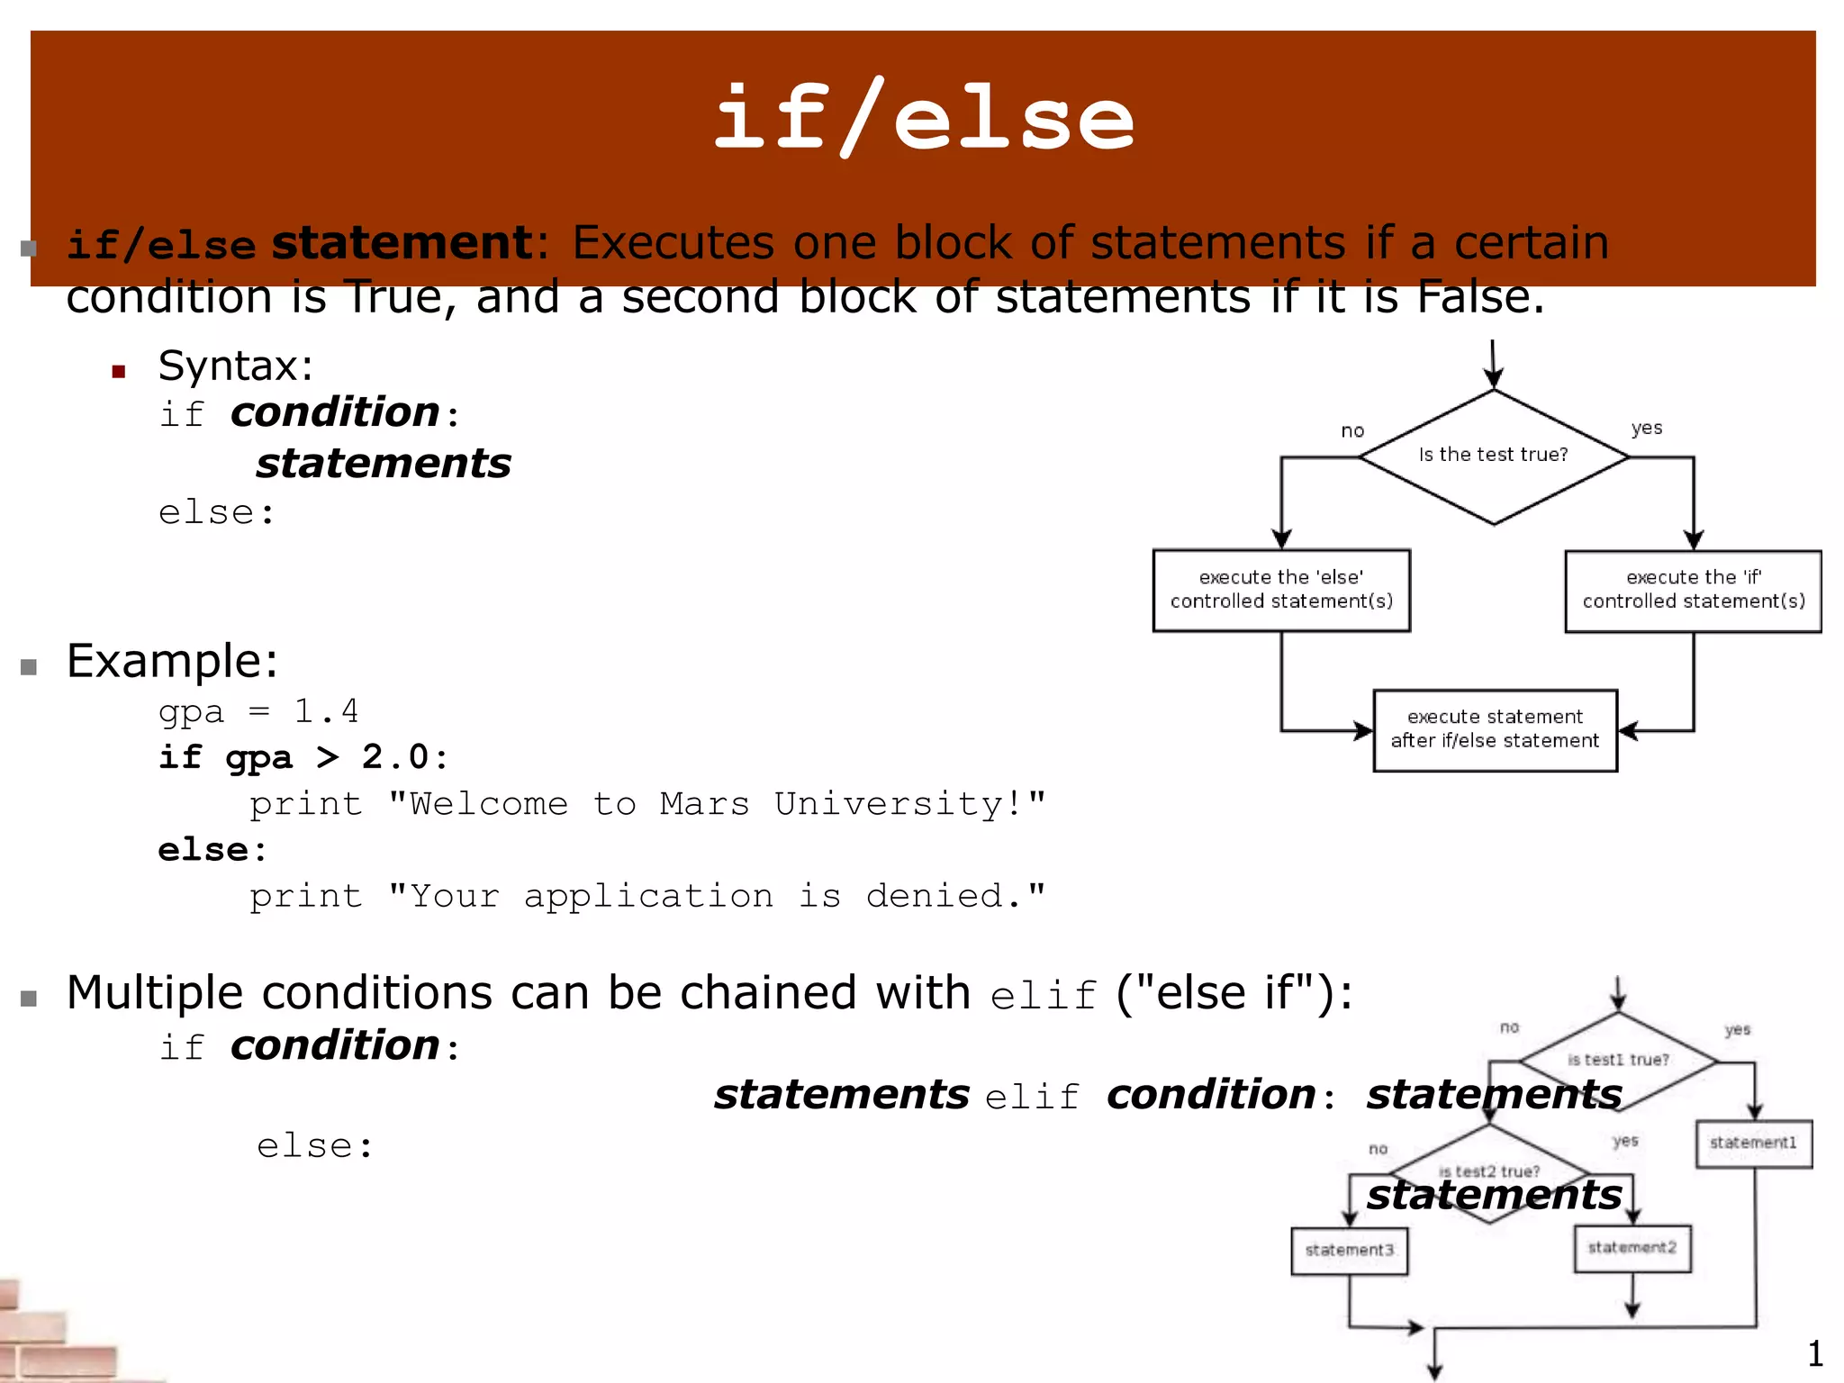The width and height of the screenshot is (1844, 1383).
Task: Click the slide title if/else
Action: click(x=923, y=119)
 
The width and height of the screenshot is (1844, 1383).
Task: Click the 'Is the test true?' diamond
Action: click(x=1493, y=456)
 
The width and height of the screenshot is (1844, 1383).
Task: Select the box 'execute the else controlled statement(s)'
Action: click(x=1281, y=590)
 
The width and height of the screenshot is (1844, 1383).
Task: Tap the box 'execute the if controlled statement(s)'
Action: click(x=1693, y=591)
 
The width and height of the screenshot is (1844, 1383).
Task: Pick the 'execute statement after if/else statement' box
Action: click(x=1495, y=729)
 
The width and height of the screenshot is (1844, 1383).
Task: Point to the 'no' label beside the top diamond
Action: click(x=1352, y=431)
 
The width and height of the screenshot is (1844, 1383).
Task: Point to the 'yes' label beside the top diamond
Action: click(x=1647, y=428)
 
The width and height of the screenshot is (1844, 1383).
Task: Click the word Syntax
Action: click(x=234, y=366)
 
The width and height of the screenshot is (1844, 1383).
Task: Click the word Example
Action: click(x=171, y=662)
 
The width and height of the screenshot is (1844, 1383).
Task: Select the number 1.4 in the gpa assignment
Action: click(x=326, y=712)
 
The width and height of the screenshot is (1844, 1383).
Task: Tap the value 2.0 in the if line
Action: click(x=395, y=757)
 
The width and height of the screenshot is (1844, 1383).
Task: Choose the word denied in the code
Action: click(x=944, y=896)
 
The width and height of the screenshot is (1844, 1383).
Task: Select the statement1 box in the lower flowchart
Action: click(x=1753, y=1143)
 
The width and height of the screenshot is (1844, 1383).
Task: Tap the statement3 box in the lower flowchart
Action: click(x=1349, y=1251)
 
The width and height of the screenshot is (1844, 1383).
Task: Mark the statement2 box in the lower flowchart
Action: click(x=1632, y=1248)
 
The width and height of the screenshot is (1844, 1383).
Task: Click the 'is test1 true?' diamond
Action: click(x=1618, y=1060)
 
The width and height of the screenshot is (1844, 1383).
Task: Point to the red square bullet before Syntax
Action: click(x=118, y=371)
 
